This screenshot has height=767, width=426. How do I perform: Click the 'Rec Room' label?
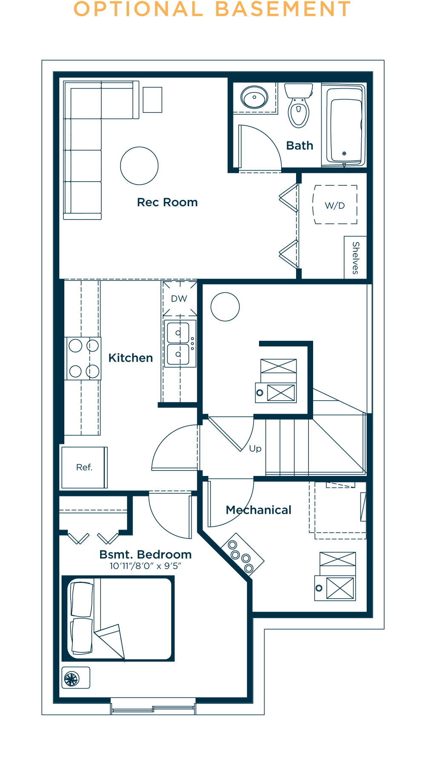(x=167, y=202)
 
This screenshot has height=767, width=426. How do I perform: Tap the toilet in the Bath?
(x=299, y=105)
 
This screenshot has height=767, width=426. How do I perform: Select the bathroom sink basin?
(x=254, y=97)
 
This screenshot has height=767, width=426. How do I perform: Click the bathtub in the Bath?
(x=343, y=125)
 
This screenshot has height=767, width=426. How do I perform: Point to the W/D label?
(x=335, y=206)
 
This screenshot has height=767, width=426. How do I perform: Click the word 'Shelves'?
(x=356, y=258)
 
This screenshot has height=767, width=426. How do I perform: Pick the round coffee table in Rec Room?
(x=139, y=166)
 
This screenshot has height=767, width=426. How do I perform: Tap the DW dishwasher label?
(x=179, y=299)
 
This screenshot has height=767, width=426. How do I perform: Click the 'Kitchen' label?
(x=131, y=358)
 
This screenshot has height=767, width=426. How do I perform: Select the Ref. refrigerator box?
(x=84, y=467)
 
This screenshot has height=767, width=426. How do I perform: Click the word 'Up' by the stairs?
(x=255, y=449)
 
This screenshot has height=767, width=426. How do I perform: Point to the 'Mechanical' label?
(x=259, y=510)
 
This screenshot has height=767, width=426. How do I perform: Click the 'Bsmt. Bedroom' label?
(x=145, y=554)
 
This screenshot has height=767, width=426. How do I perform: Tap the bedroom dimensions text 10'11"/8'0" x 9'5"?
(x=145, y=566)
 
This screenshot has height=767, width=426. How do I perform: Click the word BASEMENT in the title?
(x=283, y=9)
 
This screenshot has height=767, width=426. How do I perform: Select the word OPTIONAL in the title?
(x=139, y=9)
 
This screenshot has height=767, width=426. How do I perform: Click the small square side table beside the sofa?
(x=153, y=100)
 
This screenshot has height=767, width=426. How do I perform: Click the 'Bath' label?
(x=300, y=146)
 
